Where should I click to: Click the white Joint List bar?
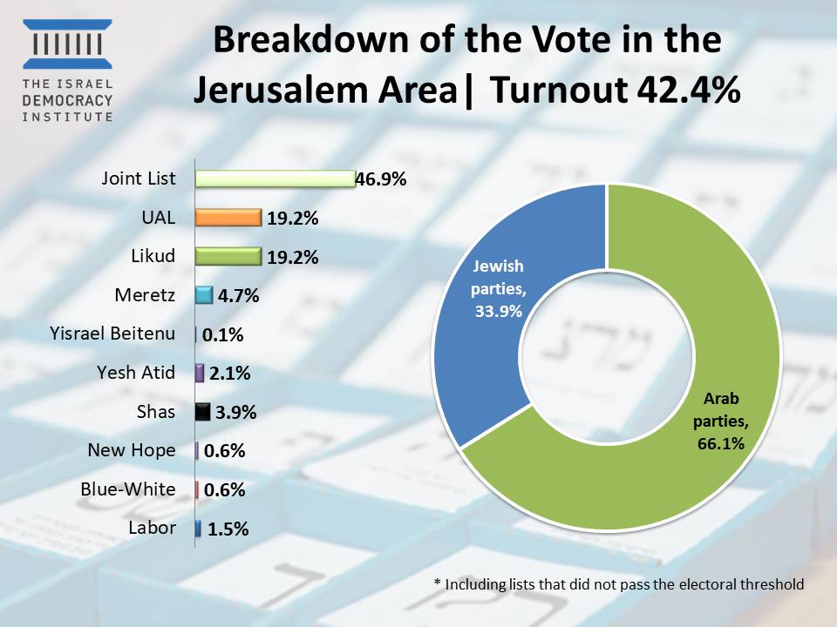[275, 179]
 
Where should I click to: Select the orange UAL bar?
[228, 218]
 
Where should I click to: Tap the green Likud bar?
[228, 256]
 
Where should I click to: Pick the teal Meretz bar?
[204, 295]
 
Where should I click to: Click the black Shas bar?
[202, 412]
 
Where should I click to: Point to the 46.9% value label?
[381, 180]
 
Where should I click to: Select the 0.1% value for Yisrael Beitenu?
[223, 334]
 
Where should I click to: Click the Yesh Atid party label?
[136, 373]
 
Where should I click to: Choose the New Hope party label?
[132, 450]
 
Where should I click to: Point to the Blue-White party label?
[127, 489]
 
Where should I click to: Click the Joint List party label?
[138, 179]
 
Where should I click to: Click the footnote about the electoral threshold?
[618, 584]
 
